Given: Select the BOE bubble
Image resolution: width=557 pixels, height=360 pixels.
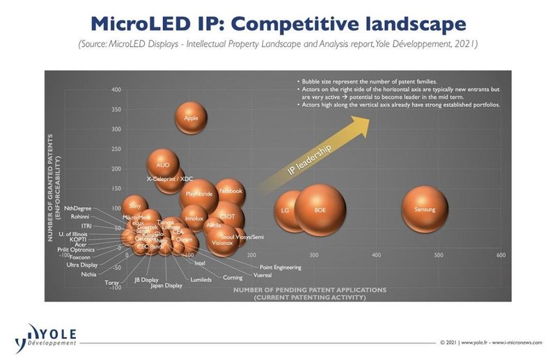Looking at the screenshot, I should (320, 210).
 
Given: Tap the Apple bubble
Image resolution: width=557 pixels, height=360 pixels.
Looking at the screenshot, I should (191, 118).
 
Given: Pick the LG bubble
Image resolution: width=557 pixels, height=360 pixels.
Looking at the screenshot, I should (284, 210).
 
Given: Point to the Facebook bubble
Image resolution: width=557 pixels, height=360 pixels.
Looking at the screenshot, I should (230, 191).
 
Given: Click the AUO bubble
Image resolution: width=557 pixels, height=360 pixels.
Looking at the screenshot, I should (164, 165).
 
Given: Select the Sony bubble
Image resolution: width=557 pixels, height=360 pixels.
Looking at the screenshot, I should (135, 206).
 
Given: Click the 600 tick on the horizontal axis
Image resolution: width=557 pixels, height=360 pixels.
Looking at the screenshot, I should (501, 256).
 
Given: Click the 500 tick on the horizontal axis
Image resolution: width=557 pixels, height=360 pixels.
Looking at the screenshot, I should (439, 256).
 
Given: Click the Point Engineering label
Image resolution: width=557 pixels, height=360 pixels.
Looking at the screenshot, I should (280, 267).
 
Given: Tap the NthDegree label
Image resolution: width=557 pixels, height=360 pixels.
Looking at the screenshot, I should (77, 208).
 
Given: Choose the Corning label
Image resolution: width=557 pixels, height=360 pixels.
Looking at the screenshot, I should (233, 277).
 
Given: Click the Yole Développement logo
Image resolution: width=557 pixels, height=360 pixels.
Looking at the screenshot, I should (46, 336).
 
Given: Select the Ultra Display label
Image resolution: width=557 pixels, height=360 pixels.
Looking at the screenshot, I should (82, 265).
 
